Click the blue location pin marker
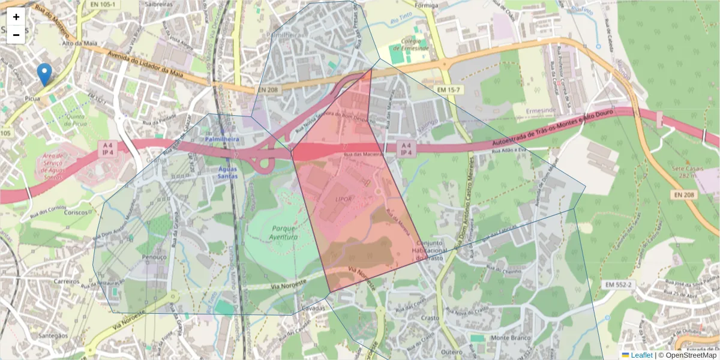click(44, 74)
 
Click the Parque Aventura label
click(284, 233)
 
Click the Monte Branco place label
click(511, 338)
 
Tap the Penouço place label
click(154, 256)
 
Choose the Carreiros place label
click(66, 281)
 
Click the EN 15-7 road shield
click(449, 89)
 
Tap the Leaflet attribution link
click(641, 355)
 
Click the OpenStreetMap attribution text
click(687, 355)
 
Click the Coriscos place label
click(76, 212)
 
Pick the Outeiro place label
click(451, 352)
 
